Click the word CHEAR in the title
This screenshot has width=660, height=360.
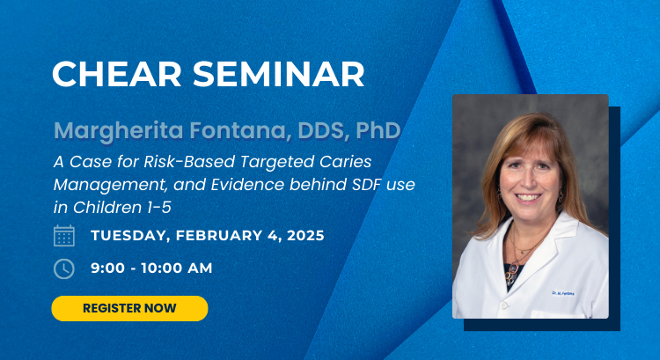(116, 74)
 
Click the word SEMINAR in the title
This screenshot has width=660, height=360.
(279, 74)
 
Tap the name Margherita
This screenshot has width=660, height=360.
(119, 131)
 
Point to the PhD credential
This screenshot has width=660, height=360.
(378, 130)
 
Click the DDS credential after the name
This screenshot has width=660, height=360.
(324, 131)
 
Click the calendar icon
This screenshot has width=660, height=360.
(64, 235)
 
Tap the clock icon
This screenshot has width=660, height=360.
(64, 268)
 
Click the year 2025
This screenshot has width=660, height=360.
(305, 235)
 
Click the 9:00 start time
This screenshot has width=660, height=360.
(107, 268)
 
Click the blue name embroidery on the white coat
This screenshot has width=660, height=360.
(563, 293)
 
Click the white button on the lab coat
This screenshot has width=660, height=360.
(503, 304)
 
